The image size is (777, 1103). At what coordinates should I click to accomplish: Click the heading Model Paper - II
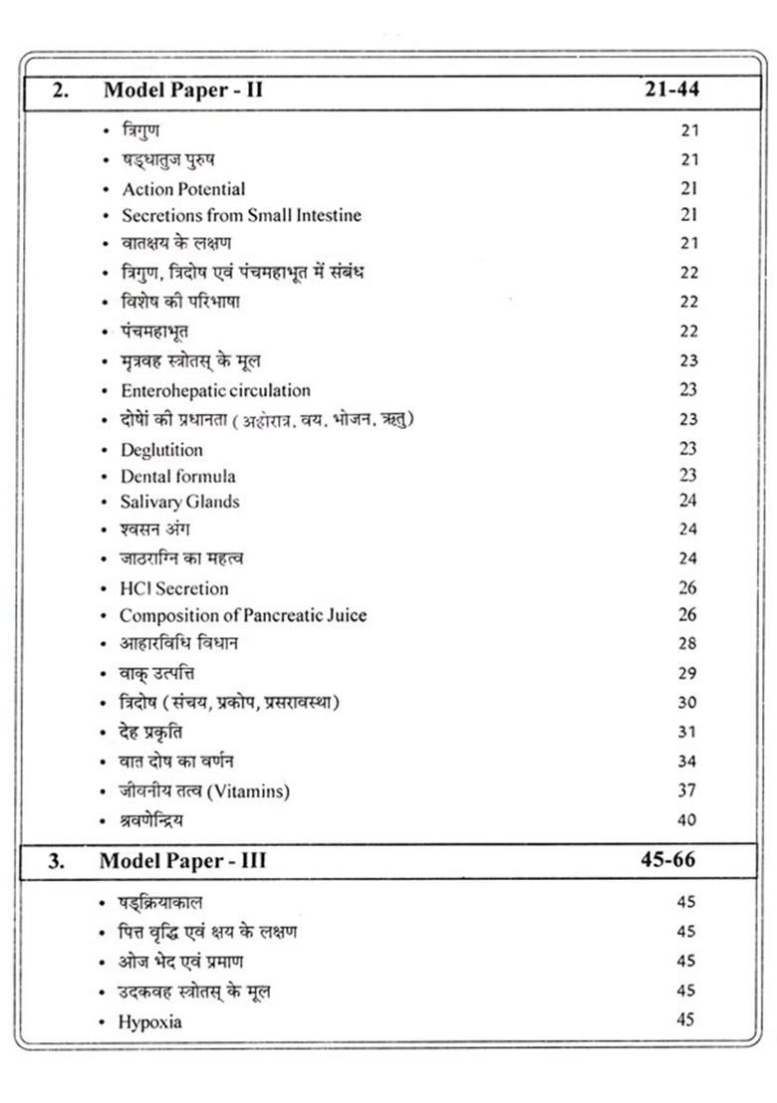tap(182, 90)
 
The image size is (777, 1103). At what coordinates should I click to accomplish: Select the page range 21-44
tap(671, 90)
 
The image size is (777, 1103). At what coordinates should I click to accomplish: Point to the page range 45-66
tap(667, 860)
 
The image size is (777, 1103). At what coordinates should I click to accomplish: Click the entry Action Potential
tap(183, 188)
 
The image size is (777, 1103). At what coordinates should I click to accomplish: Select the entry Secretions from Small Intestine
tap(241, 215)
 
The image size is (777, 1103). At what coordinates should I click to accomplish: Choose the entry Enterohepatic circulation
tap(215, 390)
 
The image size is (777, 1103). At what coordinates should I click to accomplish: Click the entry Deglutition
tap(161, 449)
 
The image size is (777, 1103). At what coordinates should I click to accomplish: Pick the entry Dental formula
tap(178, 476)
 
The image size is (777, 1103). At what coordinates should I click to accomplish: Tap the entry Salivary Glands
tap(179, 502)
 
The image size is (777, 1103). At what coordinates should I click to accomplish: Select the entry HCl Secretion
tap(174, 588)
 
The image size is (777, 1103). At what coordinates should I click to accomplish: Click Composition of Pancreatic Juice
tap(243, 615)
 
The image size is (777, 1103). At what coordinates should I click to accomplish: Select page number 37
tap(687, 791)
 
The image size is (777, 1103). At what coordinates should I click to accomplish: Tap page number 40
tap(687, 820)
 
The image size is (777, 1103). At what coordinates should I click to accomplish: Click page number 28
tap(687, 644)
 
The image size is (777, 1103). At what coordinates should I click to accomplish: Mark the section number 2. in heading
tap(61, 90)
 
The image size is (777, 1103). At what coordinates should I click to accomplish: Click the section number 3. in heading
tap(57, 861)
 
